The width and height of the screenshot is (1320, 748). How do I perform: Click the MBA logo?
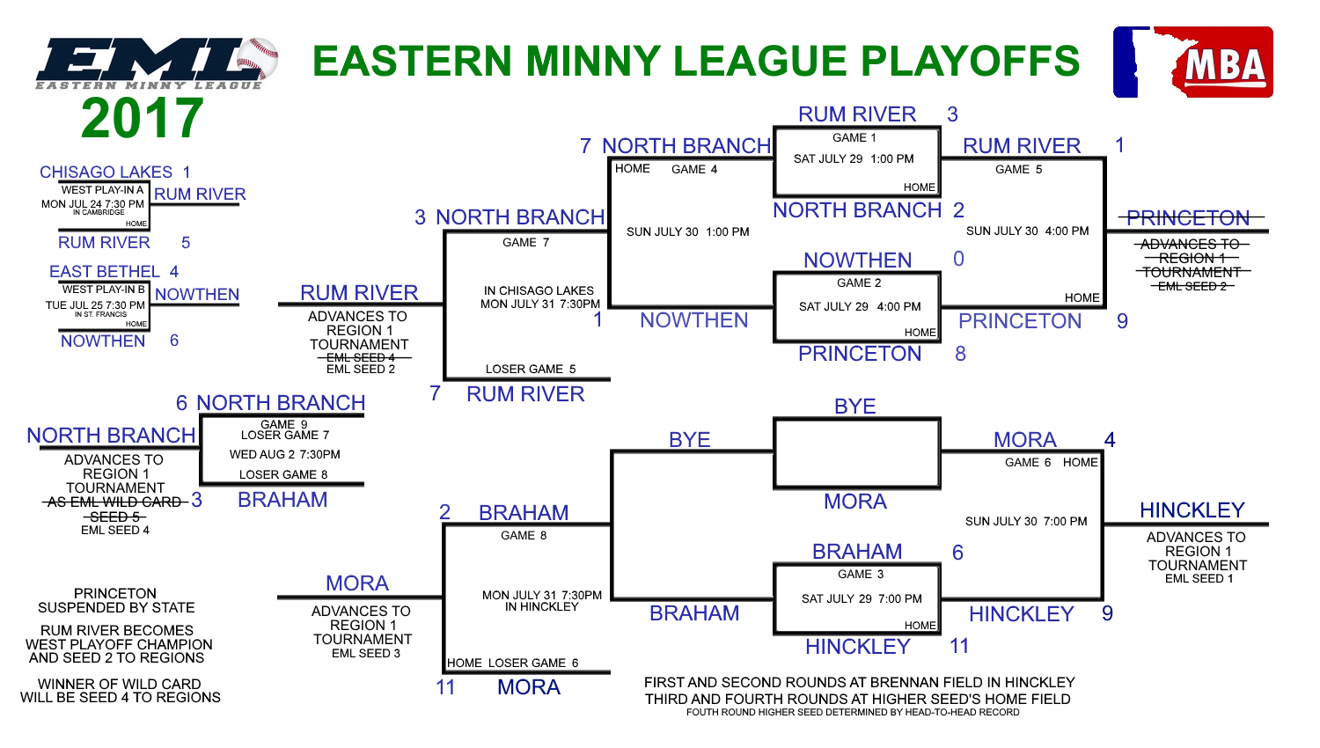(1192, 62)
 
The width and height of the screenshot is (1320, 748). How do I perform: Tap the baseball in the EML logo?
(256, 58)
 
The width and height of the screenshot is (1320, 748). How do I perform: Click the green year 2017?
(142, 119)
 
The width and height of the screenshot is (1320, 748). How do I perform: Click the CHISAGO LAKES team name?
(106, 172)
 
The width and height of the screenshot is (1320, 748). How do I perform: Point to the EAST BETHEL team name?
(105, 272)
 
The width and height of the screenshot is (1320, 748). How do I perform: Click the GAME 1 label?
(854, 138)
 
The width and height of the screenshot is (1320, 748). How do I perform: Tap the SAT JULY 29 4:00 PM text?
(860, 306)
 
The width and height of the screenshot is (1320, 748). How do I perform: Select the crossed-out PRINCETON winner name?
(1188, 218)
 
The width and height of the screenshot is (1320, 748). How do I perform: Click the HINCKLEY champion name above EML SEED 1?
(1192, 510)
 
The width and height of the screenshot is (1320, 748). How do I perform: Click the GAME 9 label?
(284, 424)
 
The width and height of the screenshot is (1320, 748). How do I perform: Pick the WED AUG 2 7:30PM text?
(284, 454)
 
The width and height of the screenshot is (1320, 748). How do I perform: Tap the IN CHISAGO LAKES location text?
(539, 290)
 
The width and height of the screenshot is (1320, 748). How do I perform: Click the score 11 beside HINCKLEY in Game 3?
(959, 646)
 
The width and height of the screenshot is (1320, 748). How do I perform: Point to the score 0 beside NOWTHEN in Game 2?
(959, 259)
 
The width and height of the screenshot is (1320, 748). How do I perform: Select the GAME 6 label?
(1028, 463)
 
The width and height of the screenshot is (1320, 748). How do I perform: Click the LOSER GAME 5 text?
(531, 369)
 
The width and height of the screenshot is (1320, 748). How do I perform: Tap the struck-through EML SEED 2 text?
(1192, 287)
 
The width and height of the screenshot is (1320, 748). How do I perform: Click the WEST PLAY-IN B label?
(103, 290)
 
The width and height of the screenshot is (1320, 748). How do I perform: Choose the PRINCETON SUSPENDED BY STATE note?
(116, 601)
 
